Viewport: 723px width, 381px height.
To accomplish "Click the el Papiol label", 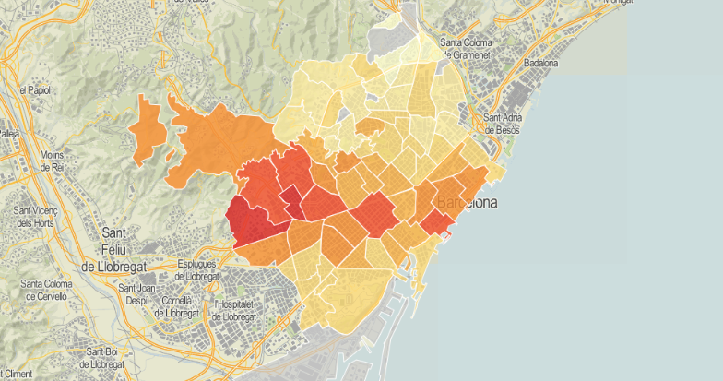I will (x=33, y=91).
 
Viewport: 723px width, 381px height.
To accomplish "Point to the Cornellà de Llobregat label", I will (x=176, y=306).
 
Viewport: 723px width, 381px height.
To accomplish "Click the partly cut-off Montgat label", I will (x=622, y=3).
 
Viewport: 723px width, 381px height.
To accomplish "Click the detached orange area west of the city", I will (x=148, y=129).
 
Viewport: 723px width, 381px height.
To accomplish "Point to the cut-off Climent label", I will (x=17, y=374).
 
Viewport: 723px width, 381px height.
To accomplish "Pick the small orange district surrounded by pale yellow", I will (x=370, y=126).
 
